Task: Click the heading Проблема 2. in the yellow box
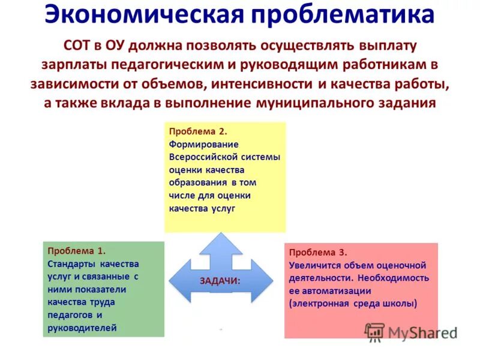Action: pyautogui.click(x=197, y=131)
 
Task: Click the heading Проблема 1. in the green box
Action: pyautogui.click(x=77, y=251)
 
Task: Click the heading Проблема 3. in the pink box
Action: pyautogui.click(x=318, y=253)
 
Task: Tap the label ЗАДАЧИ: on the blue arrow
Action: pyautogui.click(x=220, y=280)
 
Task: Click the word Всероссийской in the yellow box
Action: pyautogui.click(x=203, y=157)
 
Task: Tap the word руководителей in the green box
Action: pyautogui.click(x=83, y=328)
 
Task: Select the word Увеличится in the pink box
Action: pyautogui.click(x=314, y=265)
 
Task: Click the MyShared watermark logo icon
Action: pyautogui.click(x=374, y=331)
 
